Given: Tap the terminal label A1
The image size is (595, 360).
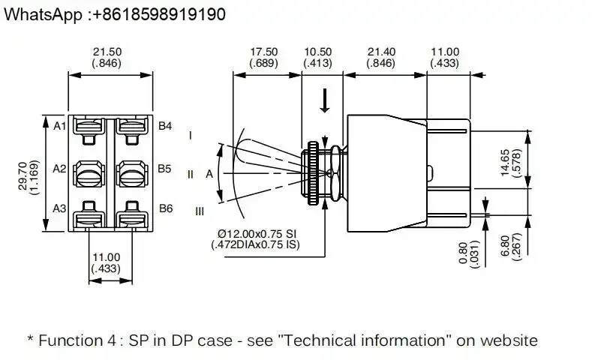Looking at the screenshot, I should pos(60,126).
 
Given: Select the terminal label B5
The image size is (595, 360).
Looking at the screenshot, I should pos(165,169).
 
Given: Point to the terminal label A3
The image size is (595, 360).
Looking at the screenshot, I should pos(60,208).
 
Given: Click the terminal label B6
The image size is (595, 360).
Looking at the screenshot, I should pos(165,208).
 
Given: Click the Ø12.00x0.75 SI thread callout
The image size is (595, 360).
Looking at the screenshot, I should pos(259,233).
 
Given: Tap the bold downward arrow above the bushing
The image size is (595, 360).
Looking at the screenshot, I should pos(325,100).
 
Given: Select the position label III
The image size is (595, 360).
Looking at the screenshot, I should pos(200,211).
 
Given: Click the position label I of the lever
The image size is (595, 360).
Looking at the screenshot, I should pos(191,136).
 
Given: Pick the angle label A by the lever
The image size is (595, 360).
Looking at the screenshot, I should pos(209,174).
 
